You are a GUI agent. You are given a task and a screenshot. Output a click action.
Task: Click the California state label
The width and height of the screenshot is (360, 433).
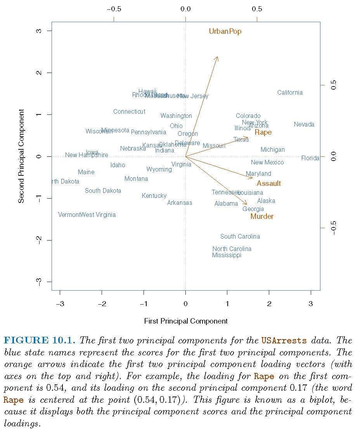[x=290, y=93]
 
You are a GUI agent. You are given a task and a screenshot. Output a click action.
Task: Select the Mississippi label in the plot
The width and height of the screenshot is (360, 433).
[x=227, y=255]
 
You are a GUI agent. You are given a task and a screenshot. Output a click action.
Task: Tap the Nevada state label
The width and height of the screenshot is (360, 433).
[x=304, y=125]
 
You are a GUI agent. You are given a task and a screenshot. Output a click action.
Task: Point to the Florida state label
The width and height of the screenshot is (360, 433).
[x=310, y=158]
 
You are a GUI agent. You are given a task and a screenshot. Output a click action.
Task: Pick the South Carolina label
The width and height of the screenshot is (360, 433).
[x=240, y=237]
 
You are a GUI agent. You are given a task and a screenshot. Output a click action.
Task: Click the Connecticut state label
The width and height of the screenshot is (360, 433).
[x=129, y=112]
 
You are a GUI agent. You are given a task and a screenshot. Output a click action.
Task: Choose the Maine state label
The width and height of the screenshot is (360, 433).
[x=86, y=172]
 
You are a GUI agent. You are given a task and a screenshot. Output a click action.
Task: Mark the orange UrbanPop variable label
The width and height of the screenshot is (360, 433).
[x=225, y=31]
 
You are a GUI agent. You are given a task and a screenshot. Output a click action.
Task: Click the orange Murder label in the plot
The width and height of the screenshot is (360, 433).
[x=262, y=216]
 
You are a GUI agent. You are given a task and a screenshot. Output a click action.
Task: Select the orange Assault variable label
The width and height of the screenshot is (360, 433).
[x=268, y=184]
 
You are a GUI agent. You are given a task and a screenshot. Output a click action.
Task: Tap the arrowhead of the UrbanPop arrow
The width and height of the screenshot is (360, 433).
[x=217, y=58]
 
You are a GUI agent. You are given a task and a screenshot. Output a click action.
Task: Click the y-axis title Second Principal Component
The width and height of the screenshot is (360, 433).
[x=22, y=156]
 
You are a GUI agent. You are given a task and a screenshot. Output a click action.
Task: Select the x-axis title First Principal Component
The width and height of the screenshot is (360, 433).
[x=186, y=321]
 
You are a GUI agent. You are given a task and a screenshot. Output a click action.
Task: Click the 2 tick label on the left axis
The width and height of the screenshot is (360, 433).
[x=39, y=73]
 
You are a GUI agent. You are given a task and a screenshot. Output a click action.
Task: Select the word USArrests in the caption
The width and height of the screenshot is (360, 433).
[x=284, y=341]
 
